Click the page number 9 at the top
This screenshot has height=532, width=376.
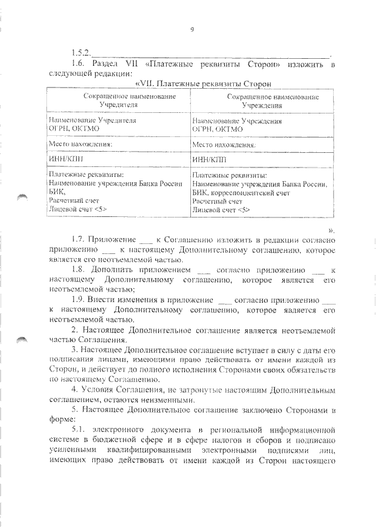(x=192, y=31)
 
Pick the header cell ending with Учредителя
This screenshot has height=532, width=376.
(x=118, y=99)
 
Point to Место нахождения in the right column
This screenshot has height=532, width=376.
(x=224, y=143)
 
